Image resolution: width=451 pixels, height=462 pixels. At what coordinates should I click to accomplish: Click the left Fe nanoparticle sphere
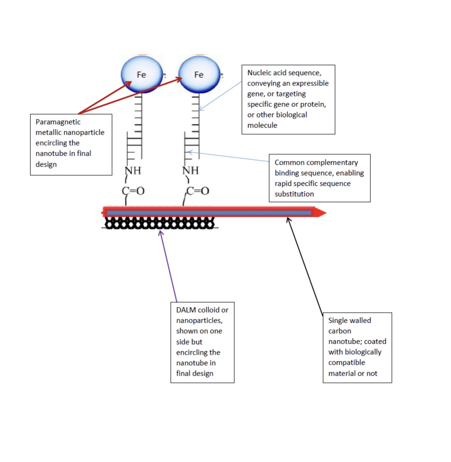(142, 74)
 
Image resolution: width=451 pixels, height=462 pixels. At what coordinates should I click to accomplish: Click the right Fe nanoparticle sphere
(199, 74)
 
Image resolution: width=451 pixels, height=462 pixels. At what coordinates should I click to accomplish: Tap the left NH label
(133, 171)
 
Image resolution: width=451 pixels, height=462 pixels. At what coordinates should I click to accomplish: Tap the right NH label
(191, 171)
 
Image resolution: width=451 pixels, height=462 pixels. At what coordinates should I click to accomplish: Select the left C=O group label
(133, 191)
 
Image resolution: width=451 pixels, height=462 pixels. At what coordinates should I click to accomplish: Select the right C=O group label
(197, 191)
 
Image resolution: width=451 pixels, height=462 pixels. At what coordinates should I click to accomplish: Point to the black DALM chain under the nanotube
(160, 223)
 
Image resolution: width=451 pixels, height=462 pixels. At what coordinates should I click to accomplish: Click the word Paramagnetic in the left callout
(58, 122)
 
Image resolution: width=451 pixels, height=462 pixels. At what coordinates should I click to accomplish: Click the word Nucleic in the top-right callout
(259, 73)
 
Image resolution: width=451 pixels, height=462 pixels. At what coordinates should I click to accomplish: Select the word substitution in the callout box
(294, 194)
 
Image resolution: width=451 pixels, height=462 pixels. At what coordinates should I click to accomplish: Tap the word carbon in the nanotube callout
(340, 331)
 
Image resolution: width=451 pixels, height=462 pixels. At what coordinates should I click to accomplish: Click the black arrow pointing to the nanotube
(305, 267)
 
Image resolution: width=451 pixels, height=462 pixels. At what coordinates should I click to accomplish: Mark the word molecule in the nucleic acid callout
(262, 125)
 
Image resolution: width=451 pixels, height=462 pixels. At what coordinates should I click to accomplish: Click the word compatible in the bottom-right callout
(347, 363)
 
